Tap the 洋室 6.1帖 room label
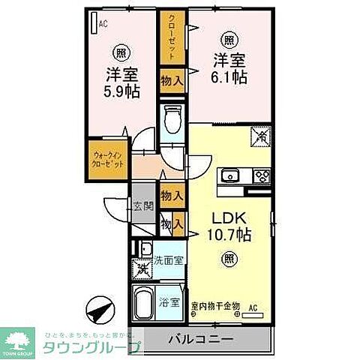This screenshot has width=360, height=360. [x=227, y=69]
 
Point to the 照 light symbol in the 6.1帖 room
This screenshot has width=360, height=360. [x=227, y=39]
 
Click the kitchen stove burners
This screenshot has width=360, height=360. [x=262, y=176]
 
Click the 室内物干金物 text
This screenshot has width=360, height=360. [x=214, y=305]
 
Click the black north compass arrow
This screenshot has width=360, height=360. [x=103, y=308]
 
